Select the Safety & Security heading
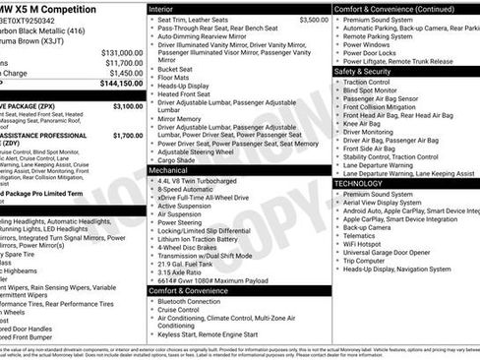372,71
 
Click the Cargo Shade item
181,160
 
